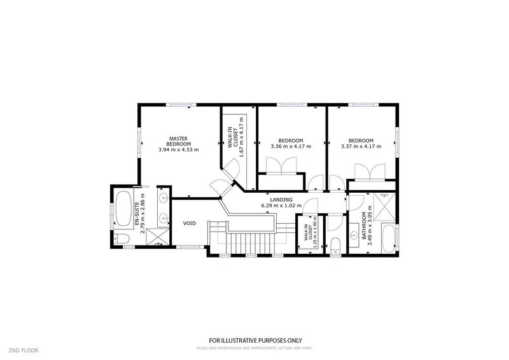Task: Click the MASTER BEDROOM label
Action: tap(178, 141)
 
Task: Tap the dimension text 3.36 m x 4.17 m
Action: tap(290, 147)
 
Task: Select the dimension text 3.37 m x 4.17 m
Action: tap(361, 147)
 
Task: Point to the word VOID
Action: tap(190, 223)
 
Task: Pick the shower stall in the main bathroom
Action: tap(384, 204)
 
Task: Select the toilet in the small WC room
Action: tap(336, 245)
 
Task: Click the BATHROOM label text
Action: tap(365, 225)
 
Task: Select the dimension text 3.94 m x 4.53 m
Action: tap(178, 151)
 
